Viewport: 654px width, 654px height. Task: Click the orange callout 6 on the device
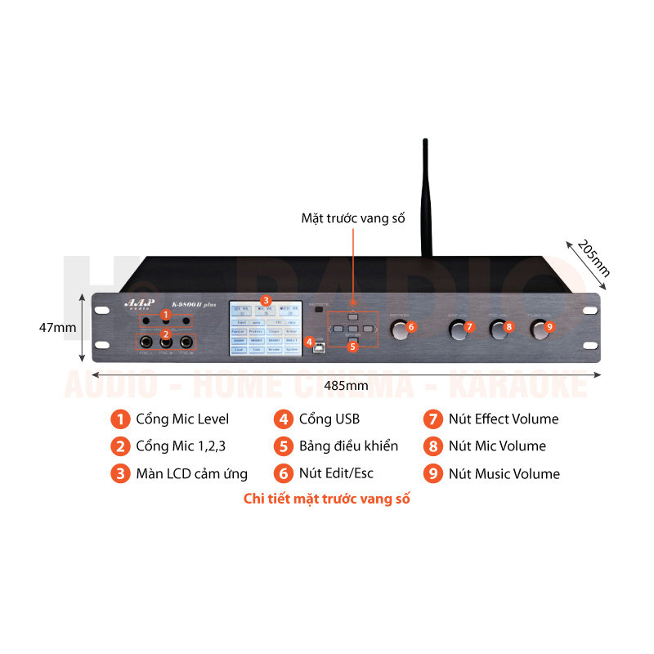pyautogui.click(x=411, y=327)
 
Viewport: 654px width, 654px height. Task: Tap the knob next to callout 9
pyautogui.click(x=537, y=329)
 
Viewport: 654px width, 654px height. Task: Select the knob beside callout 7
pyautogui.click(x=456, y=329)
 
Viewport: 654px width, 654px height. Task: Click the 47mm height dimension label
pyautogui.click(x=57, y=327)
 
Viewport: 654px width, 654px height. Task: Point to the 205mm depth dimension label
pyautogui.click(x=594, y=258)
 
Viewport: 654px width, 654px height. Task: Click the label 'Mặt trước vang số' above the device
pyautogui.click(x=353, y=218)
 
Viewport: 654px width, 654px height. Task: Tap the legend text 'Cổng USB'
pyautogui.click(x=329, y=419)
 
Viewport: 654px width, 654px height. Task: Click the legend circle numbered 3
pyautogui.click(x=120, y=473)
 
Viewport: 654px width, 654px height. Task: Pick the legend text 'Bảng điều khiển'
pyautogui.click(x=348, y=446)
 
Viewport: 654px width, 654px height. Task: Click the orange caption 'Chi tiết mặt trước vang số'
pyautogui.click(x=327, y=499)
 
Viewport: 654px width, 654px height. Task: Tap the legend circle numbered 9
pyautogui.click(x=432, y=473)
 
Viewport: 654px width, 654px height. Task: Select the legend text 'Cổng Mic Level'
pyautogui.click(x=182, y=419)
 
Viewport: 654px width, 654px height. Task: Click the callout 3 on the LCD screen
pyautogui.click(x=265, y=300)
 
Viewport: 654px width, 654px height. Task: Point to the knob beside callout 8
pyautogui.click(x=497, y=329)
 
